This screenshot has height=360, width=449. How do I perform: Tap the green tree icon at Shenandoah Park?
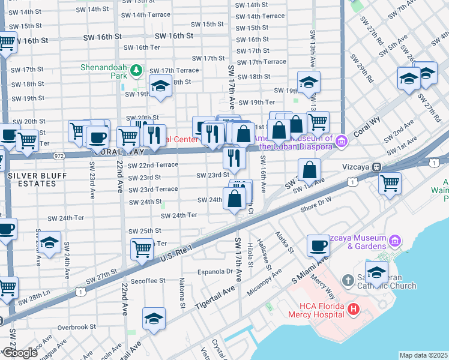[137, 71]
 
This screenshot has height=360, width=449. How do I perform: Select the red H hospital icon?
[354, 310]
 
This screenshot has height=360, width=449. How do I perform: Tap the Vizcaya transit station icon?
[376, 166]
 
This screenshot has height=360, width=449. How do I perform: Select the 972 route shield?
[58, 155]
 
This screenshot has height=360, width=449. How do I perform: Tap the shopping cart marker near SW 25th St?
[142, 248]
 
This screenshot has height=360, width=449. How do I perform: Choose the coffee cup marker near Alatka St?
[318, 245]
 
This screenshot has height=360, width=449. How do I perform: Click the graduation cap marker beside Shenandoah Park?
[161, 88]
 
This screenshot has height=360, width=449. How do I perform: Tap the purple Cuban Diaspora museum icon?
[342, 142]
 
